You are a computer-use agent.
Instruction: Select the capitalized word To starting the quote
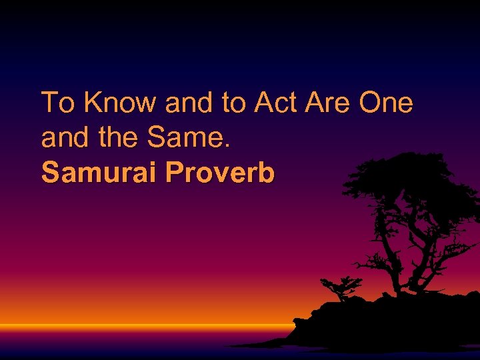[x=57, y=103]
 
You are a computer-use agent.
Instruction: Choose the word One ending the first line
[x=387, y=103]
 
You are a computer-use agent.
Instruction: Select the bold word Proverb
[x=220, y=173]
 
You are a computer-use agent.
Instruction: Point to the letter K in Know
[x=93, y=103]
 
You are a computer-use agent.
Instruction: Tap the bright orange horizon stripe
[x=133, y=327]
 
